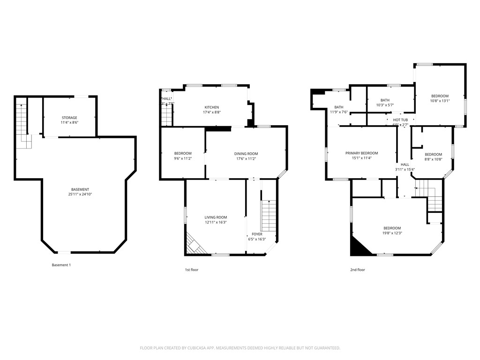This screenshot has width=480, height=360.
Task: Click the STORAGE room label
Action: tap(69, 118)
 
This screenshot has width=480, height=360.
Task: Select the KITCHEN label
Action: tap(211, 107)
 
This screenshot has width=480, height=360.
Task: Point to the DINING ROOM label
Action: tap(246, 154)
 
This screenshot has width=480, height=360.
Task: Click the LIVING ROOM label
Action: tap(216, 217)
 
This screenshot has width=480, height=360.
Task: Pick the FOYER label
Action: tap(257, 234)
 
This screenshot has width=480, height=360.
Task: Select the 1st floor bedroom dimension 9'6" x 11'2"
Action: tap(183, 158)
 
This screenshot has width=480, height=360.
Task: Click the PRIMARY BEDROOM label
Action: tap(361, 153)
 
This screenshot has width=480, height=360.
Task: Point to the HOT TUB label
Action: tap(400, 120)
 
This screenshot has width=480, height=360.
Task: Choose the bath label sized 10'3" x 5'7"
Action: tap(385, 105)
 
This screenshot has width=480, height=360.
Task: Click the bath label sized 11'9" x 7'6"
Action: tap(338, 112)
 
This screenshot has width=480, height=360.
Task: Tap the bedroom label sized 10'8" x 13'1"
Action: tap(440, 100)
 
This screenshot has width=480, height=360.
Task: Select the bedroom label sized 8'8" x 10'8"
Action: tap(433, 159)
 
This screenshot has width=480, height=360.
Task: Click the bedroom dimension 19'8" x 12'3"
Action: tap(392, 233)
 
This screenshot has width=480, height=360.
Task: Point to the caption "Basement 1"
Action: tap(61, 265)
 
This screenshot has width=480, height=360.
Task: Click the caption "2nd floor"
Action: tap(357, 270)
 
